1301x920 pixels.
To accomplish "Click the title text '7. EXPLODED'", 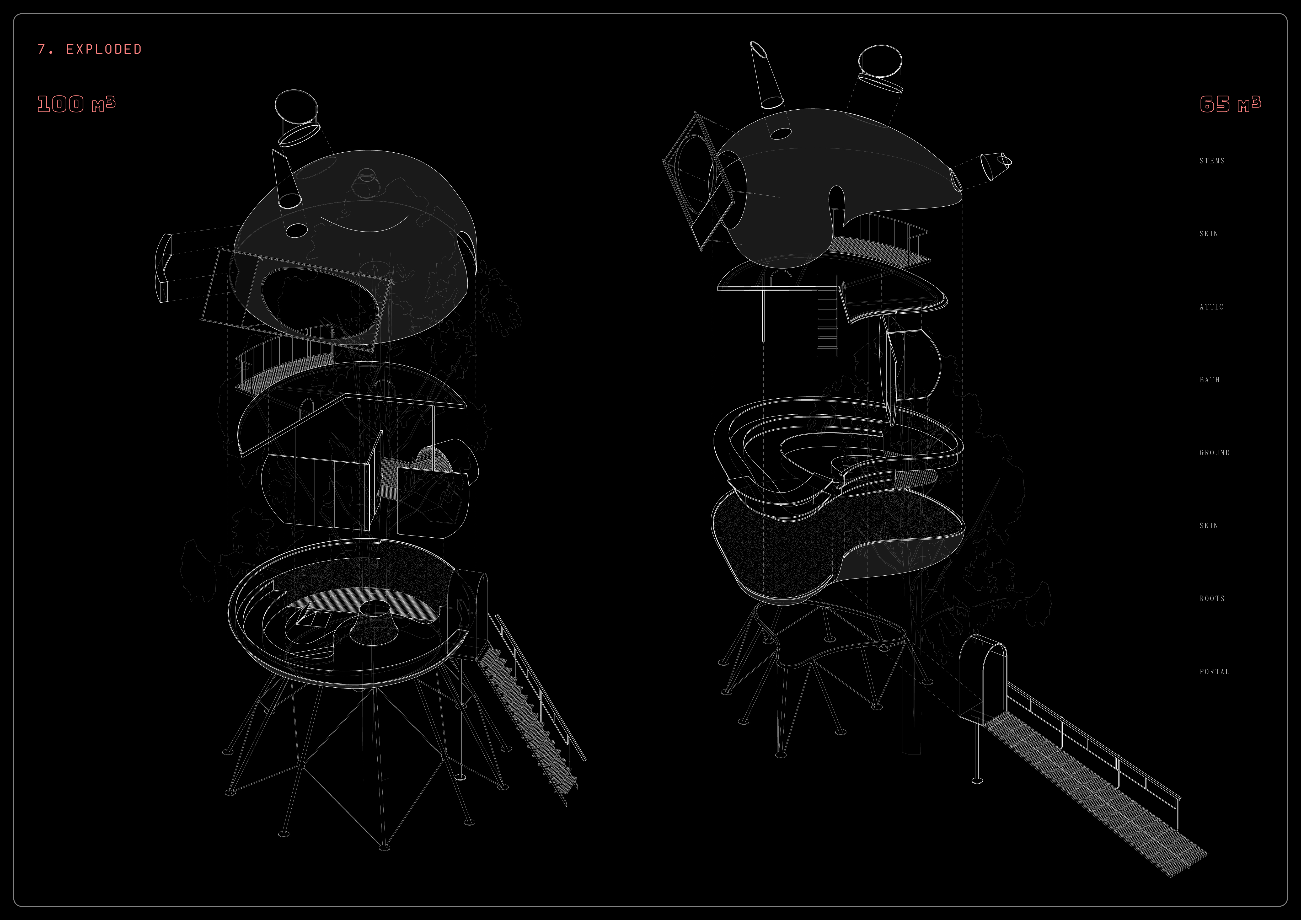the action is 89,49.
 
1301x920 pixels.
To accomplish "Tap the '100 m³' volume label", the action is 77,104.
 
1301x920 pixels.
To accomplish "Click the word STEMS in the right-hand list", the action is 1212,161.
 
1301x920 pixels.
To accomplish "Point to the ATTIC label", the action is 1212,307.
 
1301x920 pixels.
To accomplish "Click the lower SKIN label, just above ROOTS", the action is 1209,526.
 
